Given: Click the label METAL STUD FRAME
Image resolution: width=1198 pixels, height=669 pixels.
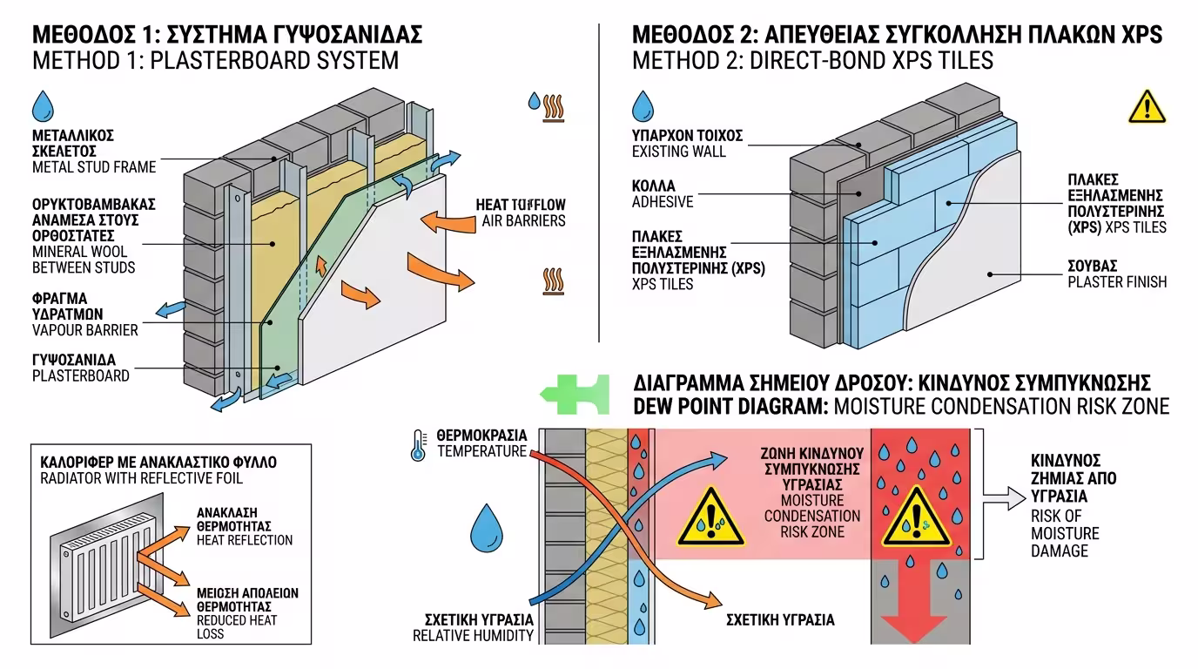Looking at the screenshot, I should (93, 167).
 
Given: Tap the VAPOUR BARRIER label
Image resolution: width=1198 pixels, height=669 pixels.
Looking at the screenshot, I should (84, 330).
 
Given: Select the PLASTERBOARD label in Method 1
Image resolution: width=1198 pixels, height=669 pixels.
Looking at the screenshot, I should (80, 375).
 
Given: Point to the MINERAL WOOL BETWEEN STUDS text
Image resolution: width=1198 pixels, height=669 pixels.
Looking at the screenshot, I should (84, 260).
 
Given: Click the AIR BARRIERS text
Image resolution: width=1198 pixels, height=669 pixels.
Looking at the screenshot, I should (523, 220).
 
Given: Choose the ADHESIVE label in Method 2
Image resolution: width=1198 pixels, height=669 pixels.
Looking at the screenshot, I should (662, 202).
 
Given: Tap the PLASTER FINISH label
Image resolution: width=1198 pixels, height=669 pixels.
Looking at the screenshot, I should (1117, 281).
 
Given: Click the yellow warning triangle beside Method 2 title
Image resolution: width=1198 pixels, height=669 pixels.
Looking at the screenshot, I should (1146, 106).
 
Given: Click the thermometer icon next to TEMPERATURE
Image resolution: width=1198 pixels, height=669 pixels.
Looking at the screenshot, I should (419, 444).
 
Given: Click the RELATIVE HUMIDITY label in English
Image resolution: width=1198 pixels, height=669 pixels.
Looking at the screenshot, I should (473, 636).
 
